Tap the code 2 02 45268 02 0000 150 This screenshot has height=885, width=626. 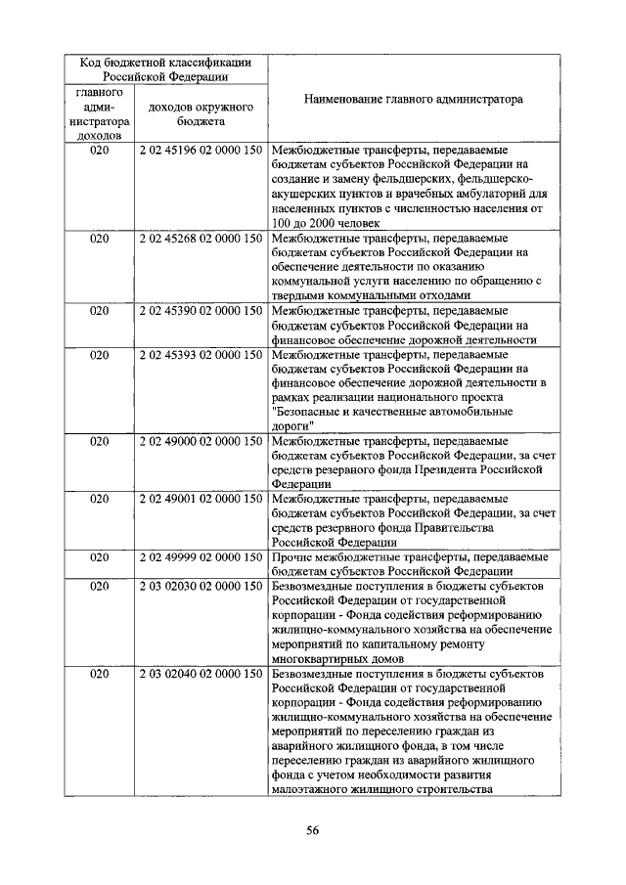point(201,238)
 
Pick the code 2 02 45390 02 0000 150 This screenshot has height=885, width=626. point(201,311)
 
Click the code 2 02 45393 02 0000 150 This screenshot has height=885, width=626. point(201,355)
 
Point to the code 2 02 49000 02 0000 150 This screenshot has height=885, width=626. point(201,441)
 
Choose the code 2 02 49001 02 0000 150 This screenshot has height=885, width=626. point(201,499)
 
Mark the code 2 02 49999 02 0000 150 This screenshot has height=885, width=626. point(201,556)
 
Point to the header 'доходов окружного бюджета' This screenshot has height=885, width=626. point(201,113)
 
